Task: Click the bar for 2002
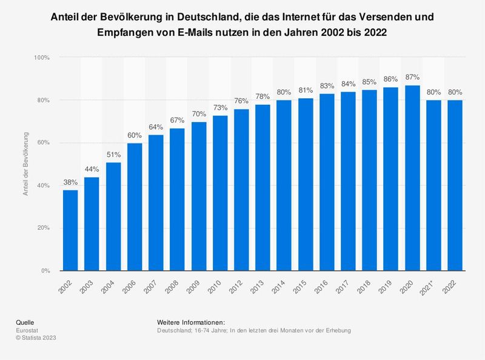tap(70, 230)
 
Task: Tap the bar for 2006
tap(135, 207)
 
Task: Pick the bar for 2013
tap(263, 187)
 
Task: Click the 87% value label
tap(412, 78)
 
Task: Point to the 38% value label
tap(70, 182)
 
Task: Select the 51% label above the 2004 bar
tap(113, 155)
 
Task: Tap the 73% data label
tap(220, 107)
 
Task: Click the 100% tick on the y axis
tap(41, 58)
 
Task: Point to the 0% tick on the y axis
tap(44, 271)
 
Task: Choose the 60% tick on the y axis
tap(42, 143)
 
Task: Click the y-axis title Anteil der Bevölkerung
tap(25, 164)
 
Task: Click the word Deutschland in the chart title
tap(199, 16)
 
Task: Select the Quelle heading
tap(25, 322)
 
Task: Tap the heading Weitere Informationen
tap(191, 322)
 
